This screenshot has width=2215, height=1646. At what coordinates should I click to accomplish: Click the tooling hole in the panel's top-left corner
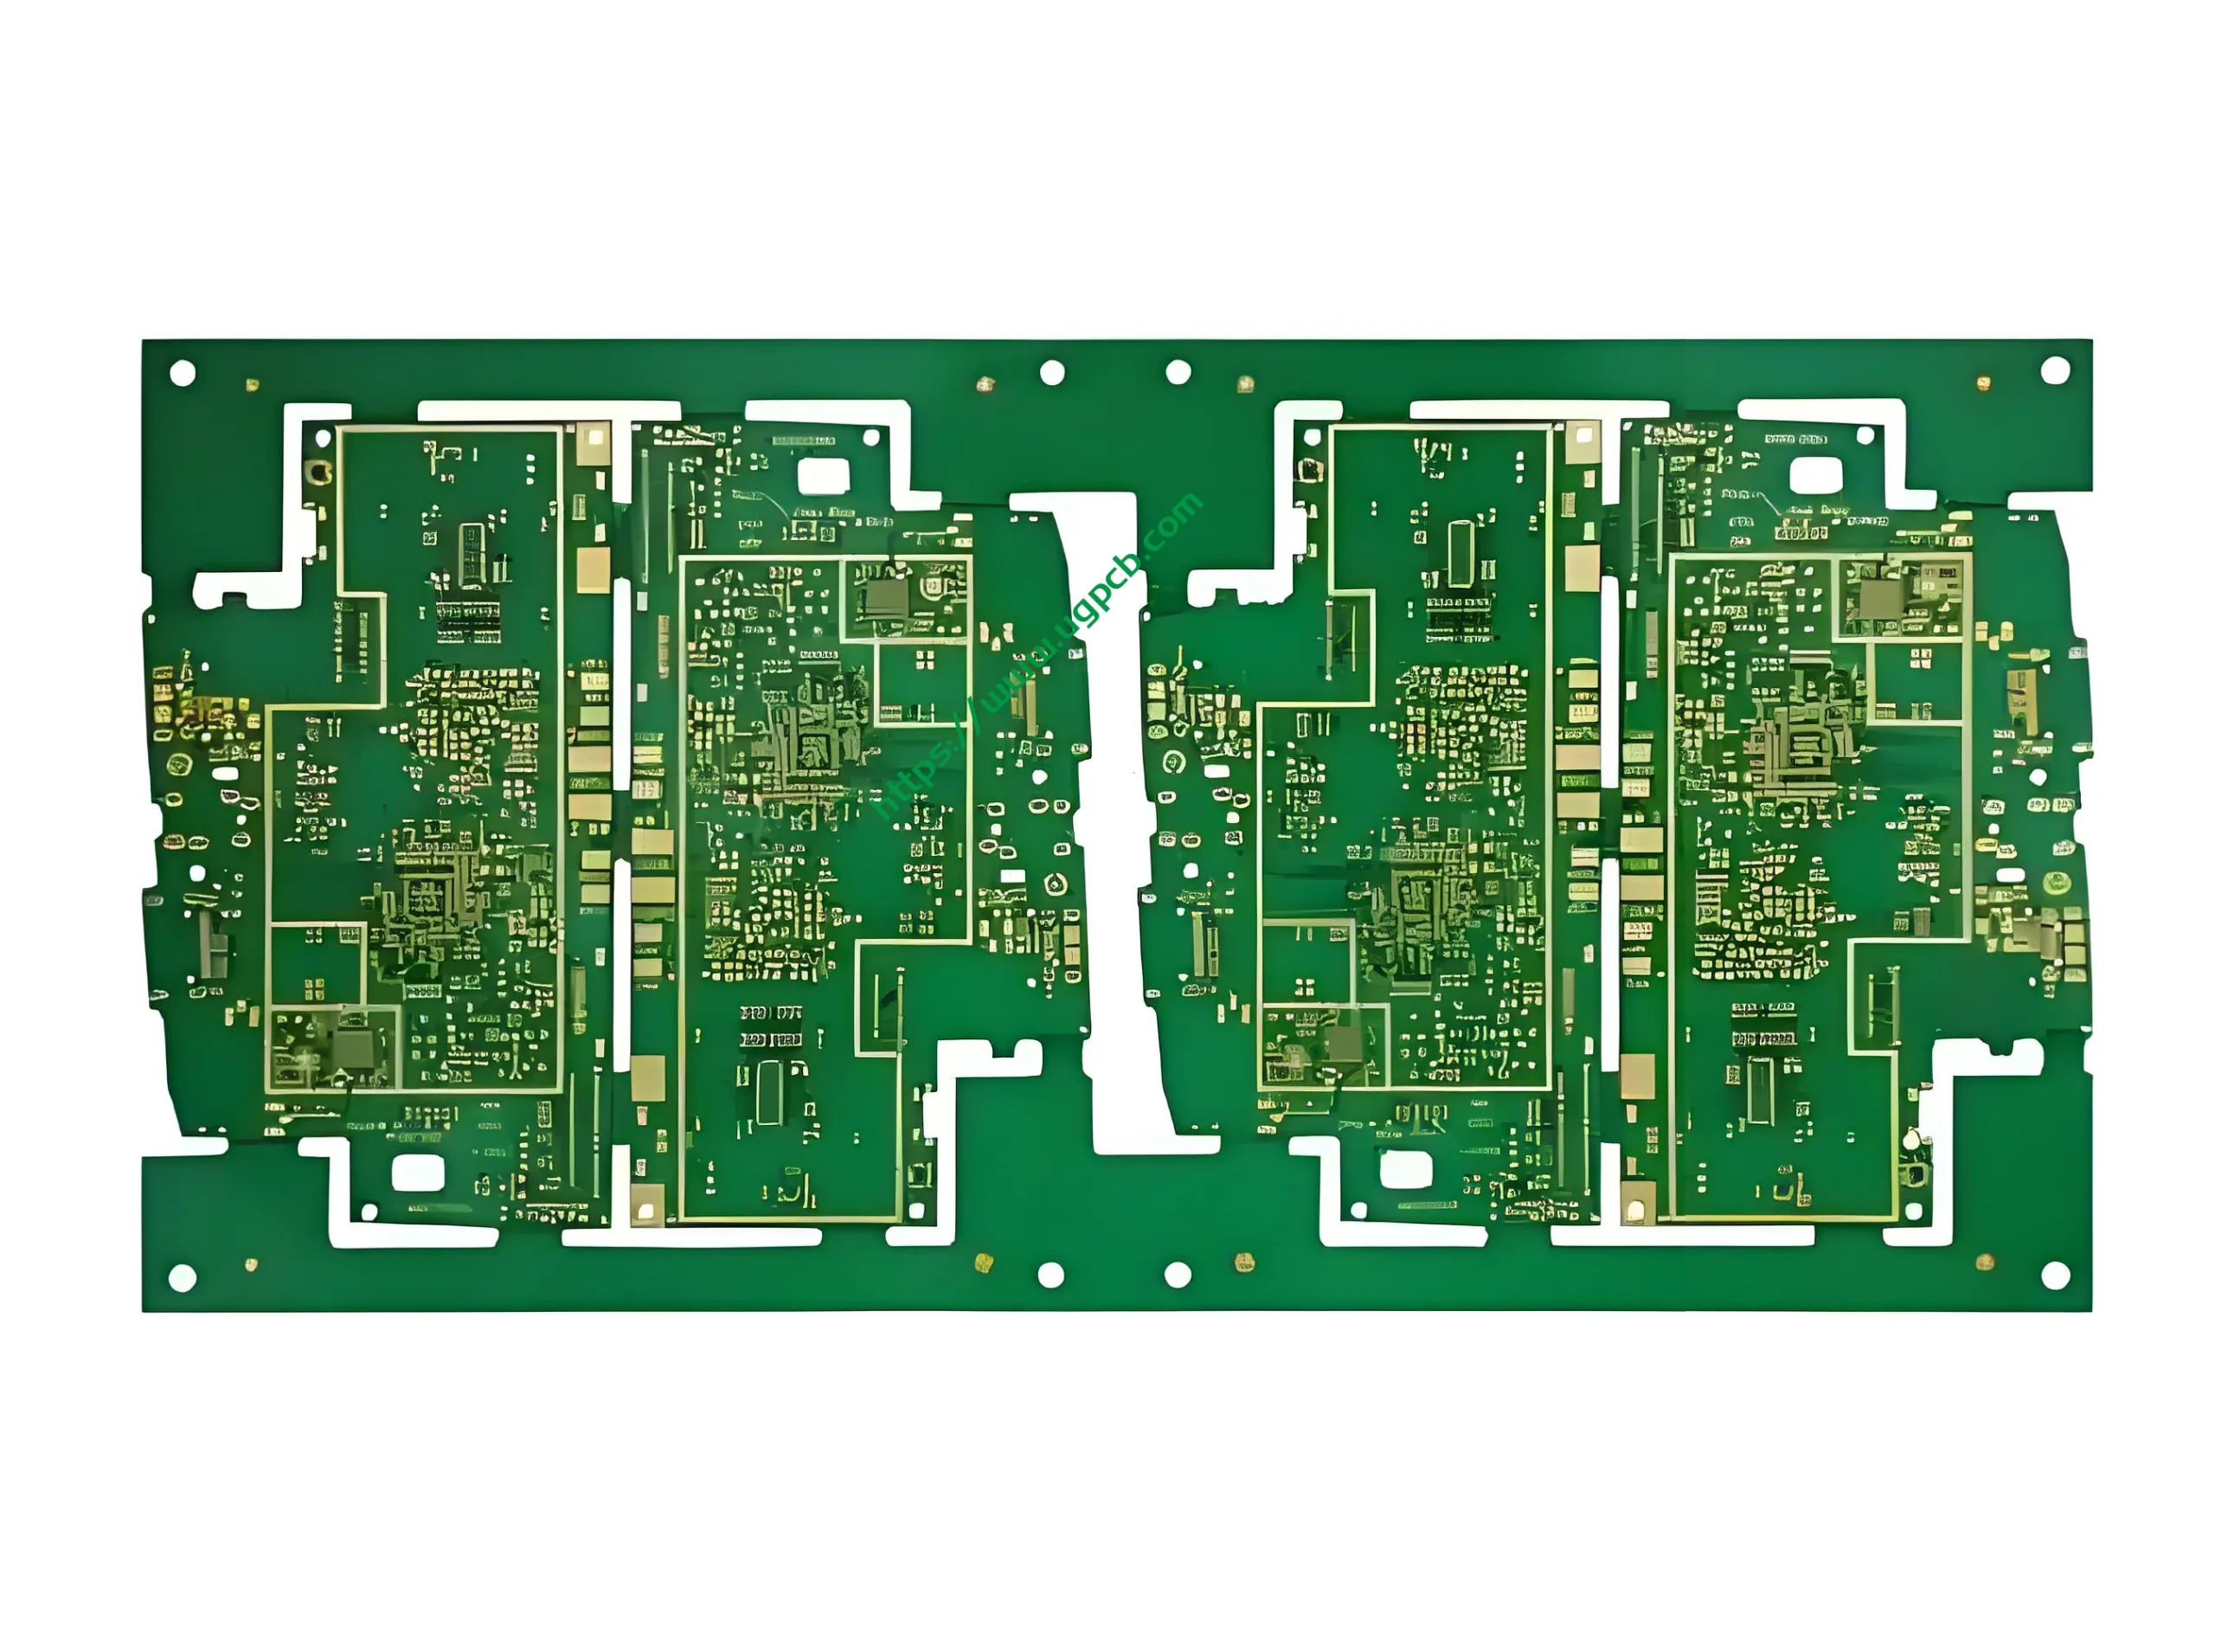183,373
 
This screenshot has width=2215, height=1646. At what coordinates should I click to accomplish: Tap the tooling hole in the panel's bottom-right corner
2055,1275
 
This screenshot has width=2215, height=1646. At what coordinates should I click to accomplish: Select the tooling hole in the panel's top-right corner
2055,370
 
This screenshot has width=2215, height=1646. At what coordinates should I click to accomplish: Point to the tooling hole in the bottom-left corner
183,1277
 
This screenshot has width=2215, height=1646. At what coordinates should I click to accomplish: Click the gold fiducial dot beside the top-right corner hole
1983,383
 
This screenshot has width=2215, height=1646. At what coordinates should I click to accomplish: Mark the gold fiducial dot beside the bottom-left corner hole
251,1264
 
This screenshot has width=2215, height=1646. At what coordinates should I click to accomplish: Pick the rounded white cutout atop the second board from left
824,476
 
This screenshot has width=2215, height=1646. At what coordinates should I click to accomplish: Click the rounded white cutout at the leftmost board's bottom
417,1173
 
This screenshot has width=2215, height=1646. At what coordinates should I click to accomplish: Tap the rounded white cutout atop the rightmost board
1815,475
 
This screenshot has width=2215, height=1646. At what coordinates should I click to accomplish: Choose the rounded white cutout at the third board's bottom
1405,1170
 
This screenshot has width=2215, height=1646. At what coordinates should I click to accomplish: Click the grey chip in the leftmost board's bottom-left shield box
354,1047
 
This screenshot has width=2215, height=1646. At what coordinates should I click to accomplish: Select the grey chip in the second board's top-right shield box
884,598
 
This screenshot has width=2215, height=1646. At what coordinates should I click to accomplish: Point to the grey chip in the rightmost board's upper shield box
1878,599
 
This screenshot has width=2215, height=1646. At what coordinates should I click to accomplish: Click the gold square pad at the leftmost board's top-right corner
594,436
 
